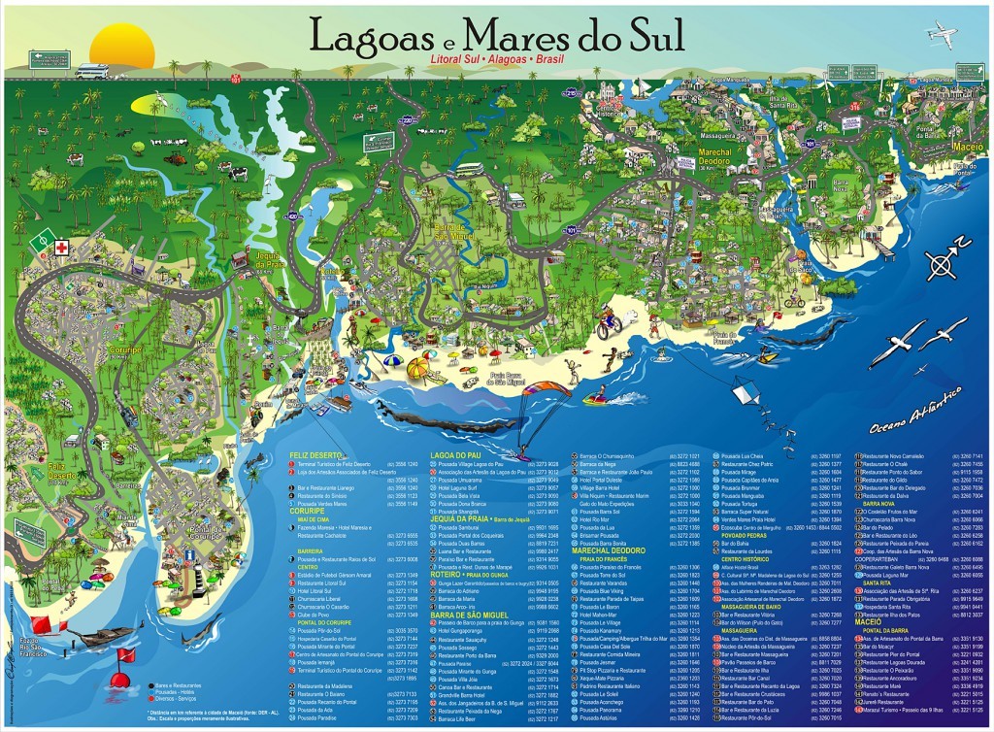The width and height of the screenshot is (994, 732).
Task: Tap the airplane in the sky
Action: click(x=942, y=35)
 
